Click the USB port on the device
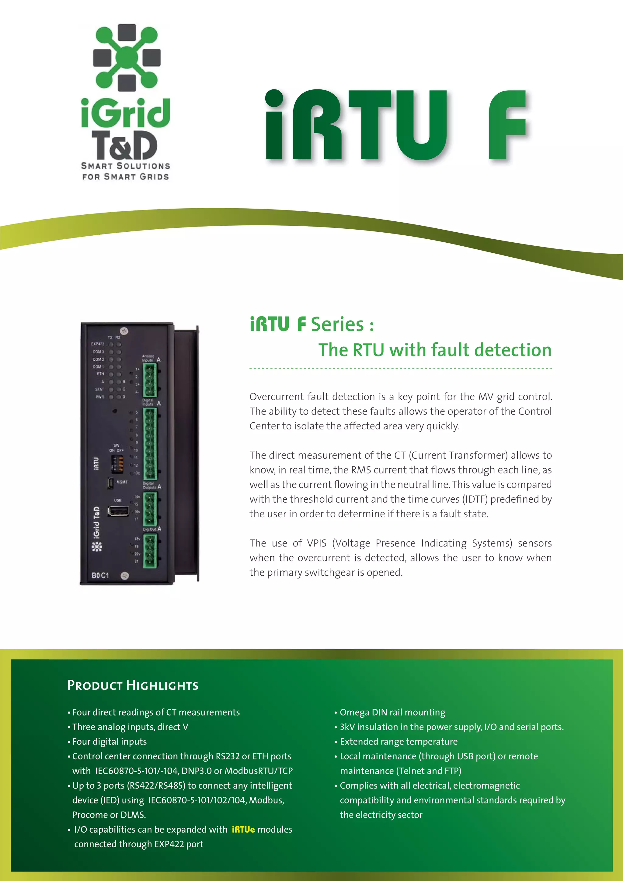point(118,511)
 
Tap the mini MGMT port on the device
point(110,483)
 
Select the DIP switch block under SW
point(117,463)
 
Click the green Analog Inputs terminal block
point(150,380)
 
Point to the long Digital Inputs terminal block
point(150,443)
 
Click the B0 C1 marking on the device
point(100,575)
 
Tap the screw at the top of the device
point(124,331)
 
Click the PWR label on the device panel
point(100,397)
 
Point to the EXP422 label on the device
point(98,344)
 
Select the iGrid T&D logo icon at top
point(127,57)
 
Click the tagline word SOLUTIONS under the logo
point(143,166)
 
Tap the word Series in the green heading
point(337,324)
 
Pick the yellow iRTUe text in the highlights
point(243,830)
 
